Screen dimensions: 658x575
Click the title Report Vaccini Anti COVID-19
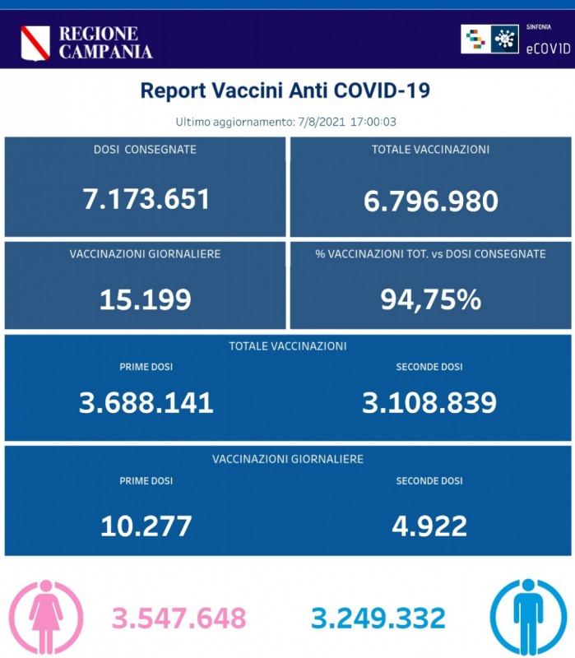click(x=285, y=90)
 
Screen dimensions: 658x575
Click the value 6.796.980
click(x=431, y=200)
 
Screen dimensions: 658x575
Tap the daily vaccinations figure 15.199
click(x=146, y=299)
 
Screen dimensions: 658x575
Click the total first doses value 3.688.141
click(x=146, y=402)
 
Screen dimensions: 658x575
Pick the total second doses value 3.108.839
click(x=429, y=402)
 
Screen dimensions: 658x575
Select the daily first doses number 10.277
click(x=146, y=525)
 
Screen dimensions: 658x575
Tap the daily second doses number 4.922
click(x=429, y=525)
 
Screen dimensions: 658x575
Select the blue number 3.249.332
click(x=378, y=618)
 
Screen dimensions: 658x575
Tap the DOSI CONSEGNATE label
click(x=145, y=150)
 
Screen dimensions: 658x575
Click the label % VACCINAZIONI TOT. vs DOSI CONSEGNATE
click(x=430, y=254)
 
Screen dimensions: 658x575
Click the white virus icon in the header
click(x=504, y=39)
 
